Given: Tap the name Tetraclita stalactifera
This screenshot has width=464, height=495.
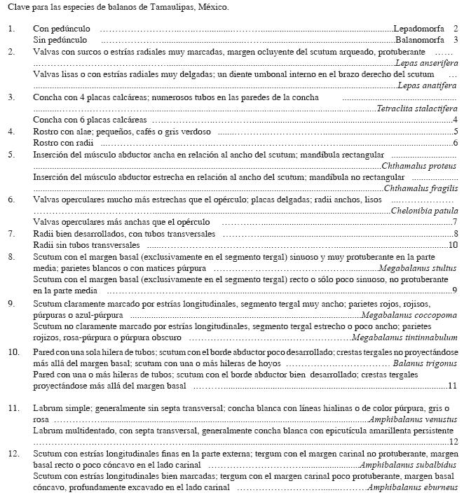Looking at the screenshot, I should (417, 109).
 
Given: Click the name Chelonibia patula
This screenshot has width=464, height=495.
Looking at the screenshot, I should (424, 211).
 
